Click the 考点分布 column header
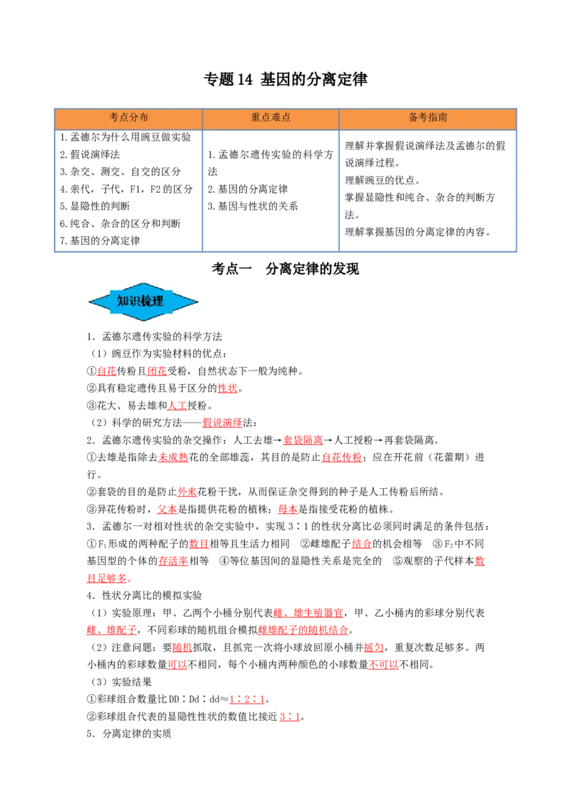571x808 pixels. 128,118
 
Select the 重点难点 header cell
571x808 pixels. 271,118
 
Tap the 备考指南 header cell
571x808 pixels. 428,118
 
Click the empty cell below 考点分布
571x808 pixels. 128,188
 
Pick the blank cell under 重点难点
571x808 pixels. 271,188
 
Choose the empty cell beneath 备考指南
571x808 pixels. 428,188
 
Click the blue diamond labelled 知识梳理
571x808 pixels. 143,302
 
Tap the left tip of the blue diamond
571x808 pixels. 91,302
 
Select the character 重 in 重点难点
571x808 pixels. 256,118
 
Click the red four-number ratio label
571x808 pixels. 248,700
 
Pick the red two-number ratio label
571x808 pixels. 290,717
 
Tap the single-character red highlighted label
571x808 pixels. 479,561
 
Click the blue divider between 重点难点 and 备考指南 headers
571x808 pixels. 339,118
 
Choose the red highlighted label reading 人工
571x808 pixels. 177,405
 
